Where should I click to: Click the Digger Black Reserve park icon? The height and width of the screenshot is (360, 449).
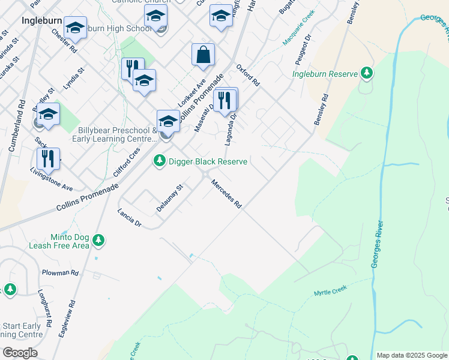coord(159,161)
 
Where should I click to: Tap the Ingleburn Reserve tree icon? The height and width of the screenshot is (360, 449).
coord(366,74)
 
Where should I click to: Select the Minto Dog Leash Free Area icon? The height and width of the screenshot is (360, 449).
coord(98,241)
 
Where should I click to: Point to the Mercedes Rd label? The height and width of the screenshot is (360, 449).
coord(226,195)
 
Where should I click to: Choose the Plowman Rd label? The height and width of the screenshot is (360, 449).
coord(60,272)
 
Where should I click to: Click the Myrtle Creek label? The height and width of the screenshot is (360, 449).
coord(331,291)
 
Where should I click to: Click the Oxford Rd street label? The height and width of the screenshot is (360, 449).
coord(247,74)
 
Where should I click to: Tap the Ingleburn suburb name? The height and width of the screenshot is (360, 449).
coord(41,20)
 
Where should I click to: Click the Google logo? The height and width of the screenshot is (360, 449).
coord(19,353)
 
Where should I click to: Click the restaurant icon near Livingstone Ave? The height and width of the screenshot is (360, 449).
coord(48,159)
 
